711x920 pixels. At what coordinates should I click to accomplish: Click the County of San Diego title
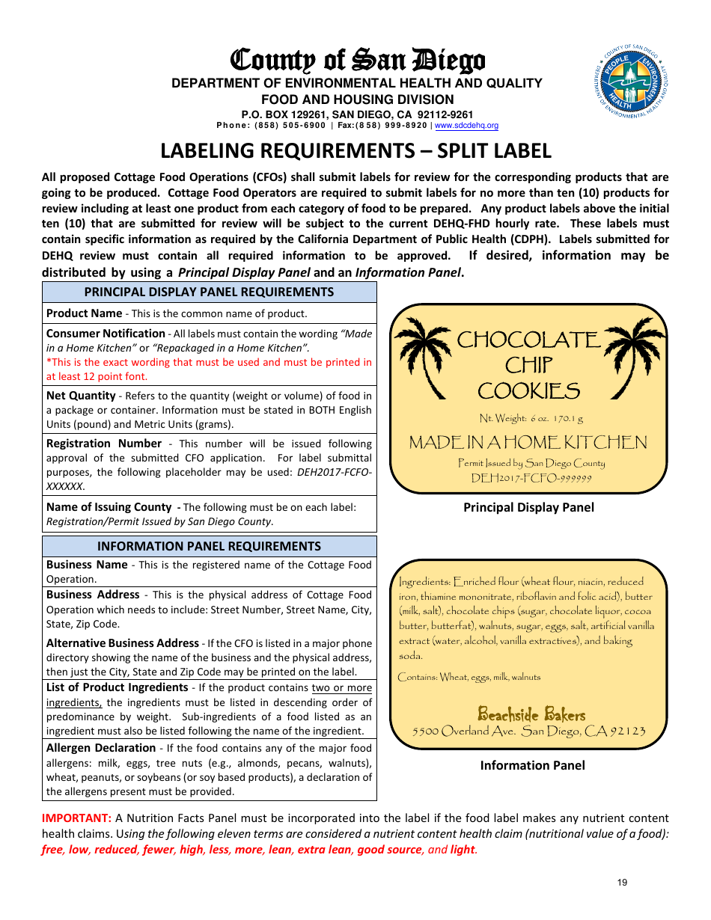click(357, 60)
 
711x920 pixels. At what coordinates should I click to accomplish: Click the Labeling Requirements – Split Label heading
click(356, 151)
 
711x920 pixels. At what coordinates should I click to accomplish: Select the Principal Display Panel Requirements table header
click(209, 292)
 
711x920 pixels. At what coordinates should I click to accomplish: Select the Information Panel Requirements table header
click(209, 547)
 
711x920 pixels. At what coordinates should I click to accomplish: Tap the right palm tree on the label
click(635, 352)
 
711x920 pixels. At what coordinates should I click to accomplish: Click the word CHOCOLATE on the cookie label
click(528, 340)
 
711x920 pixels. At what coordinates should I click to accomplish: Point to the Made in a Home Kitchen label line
click(528, 443)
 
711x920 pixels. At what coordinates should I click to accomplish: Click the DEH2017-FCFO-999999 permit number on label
click(531, 479)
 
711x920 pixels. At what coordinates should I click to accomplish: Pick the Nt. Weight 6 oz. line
click(531, 419)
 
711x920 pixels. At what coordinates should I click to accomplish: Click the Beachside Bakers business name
click(531, 714)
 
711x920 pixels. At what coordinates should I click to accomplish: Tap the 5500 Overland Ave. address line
click(529, 732)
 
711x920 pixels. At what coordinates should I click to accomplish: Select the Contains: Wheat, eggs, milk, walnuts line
click(469, 677)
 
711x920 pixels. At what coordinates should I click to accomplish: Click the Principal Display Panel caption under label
click(528, 508)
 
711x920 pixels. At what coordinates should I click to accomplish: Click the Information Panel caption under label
click(532, 765)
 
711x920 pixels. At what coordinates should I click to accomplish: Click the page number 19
click(622, 883)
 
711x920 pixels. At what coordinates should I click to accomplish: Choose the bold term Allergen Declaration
click(101, 748)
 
